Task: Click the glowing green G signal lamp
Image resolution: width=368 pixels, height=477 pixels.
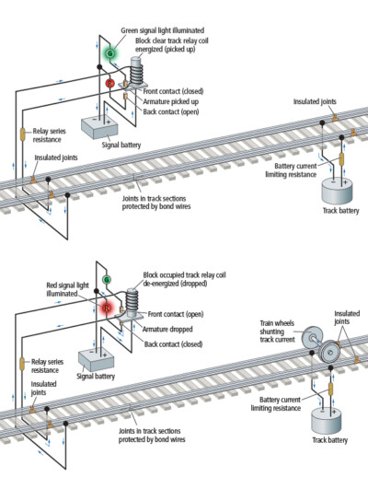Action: [x=108, y=52]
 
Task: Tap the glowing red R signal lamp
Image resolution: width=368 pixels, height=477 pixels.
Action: [x=107, y=307]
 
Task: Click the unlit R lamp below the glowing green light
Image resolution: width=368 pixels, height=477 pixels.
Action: [x=109, y=84]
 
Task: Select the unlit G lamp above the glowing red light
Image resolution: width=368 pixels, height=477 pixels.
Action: [x=107, y=279]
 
